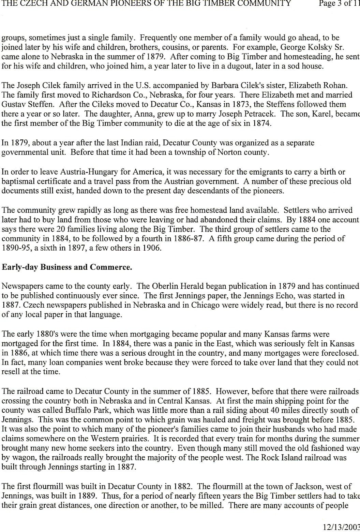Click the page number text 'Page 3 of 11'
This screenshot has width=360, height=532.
coord(339,4)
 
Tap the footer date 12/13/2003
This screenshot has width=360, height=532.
coord(341,528)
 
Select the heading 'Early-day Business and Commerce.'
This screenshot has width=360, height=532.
coord(67,267)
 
